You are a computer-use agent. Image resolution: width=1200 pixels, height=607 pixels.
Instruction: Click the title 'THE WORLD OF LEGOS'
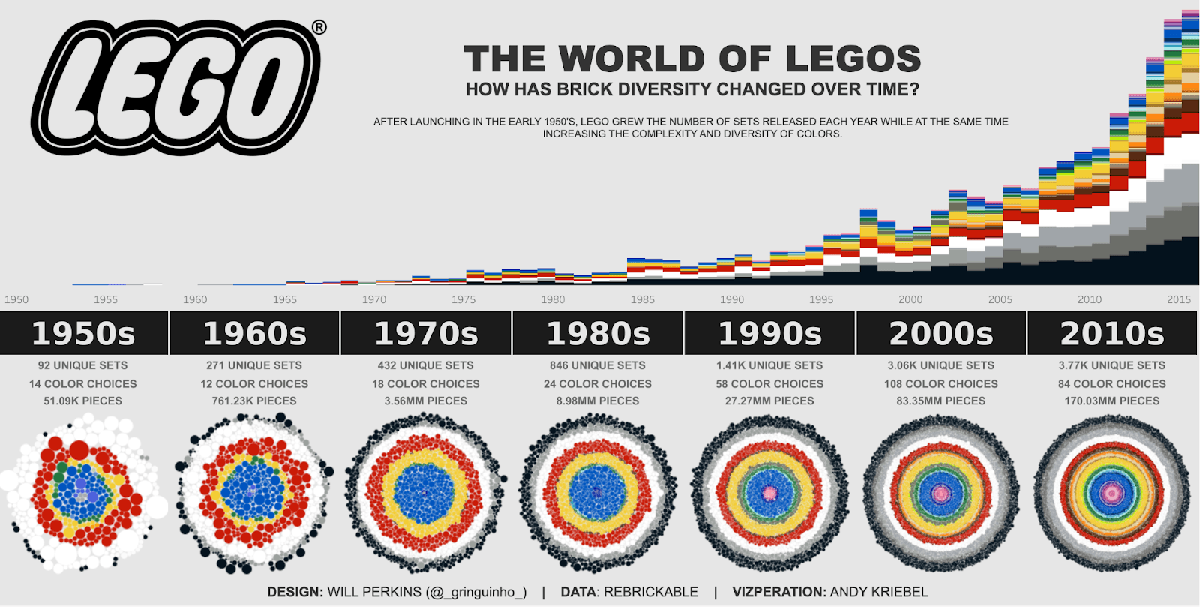click(691, 59)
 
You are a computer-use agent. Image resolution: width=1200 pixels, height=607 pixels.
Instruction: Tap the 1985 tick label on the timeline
click(642, 299)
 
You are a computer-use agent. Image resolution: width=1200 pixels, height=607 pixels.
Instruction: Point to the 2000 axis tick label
click(910, 299)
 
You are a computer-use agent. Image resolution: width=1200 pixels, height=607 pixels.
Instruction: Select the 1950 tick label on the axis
click(16, 299)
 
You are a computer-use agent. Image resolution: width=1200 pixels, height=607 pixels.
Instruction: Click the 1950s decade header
click(83, 334)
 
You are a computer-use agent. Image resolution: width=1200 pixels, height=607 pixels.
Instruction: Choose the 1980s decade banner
click(598, 334)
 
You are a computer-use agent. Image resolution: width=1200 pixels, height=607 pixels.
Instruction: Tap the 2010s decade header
click(1112, 334)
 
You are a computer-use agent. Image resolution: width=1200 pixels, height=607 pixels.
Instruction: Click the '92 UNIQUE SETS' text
click(82, 365)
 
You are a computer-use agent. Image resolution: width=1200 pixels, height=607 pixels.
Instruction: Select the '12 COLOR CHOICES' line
click(254, 383)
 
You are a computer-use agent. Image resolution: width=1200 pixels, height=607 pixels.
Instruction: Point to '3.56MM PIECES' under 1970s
click(426, 401)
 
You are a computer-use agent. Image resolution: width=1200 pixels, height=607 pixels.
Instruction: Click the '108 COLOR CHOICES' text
click(940, 383)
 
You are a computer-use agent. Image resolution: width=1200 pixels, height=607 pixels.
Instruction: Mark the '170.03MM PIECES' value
click(1112, 401)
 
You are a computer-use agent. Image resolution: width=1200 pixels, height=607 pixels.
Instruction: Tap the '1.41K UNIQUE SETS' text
click(769, 365)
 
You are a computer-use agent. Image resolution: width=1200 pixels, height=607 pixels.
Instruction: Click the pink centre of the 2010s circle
click(1112, 493)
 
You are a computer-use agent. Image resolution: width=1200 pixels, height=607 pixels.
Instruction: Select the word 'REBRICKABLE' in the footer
click(650, 592)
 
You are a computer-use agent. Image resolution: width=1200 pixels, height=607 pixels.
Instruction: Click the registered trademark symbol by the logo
click(319, 28)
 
